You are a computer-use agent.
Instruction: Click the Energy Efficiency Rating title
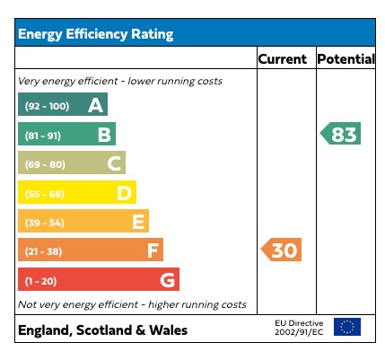coord(96,35)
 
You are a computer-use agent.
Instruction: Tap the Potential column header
coord(346,59)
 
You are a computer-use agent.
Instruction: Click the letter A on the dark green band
coord(95,106)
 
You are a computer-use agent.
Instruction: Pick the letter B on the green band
coord(104,135)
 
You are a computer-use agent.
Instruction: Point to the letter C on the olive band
coord(114,163)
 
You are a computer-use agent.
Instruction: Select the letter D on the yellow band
coord(125,192)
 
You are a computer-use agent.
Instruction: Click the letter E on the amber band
coord(138,222)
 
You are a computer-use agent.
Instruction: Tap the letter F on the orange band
coord(153,250)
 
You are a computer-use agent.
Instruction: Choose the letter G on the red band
coord(167,279)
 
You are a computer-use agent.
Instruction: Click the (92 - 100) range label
coord(47,107)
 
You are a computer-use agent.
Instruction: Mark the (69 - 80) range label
coord(45,164)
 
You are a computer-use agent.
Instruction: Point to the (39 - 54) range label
coord(45,222)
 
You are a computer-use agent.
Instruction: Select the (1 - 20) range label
coord(41,280)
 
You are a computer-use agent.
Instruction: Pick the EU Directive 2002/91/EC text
coord(298,328)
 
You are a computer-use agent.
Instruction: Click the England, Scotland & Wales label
coord(102,330)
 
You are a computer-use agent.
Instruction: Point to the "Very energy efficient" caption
coord(120,81)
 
